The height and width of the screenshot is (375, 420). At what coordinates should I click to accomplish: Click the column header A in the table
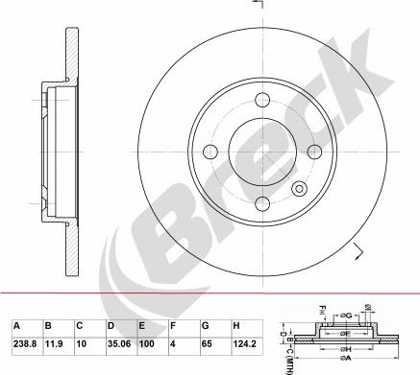point(15,325)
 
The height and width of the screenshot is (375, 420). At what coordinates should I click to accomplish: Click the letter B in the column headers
point(47,325)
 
